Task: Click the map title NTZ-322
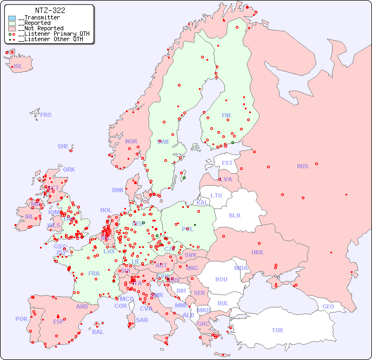point(50,10)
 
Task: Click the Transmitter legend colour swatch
point(12,18)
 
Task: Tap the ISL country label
point(18,67)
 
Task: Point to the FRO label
point(46,115)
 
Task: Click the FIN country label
point(226,115)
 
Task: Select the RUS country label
point(302,166)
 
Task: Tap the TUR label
point(277,330)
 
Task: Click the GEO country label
point(328,306)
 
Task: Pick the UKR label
point(257,252)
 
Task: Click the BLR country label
point(235,215)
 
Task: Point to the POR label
point(21,319)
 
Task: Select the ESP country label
point(58,321)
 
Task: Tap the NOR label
point(131,141)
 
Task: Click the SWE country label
point(163,142)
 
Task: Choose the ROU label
point(221,279)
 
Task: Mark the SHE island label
point(63,146)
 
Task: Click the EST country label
point(227,163)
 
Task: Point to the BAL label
point(98,332)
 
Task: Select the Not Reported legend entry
point(41,28)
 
